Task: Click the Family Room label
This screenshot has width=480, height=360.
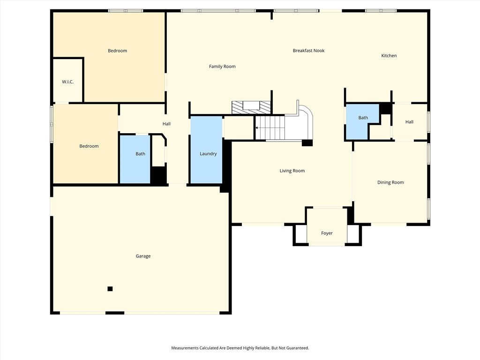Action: pyautogui.click(x=222, y=67)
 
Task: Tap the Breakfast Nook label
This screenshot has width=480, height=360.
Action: pyautogui.click(x=308, y=51)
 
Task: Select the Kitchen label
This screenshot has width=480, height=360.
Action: pyautogui.click(x=389, y=56)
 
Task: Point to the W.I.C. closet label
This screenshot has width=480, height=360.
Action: pyautogui.click(x=67, y=82)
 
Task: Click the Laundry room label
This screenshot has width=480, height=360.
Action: pyautogui.click(x=208, y=154)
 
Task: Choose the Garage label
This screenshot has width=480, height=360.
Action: pyautogui.click(x=143, y=256)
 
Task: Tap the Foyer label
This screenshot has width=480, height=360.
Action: pyautogui.click(x=327, y=233)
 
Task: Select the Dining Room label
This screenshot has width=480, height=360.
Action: pyautogui.click(x=390, y=182)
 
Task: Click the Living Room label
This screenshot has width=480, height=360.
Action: pyautogui.click(x=292, y=171)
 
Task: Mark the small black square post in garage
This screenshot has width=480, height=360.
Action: pyautogui.click(x=110, y=289)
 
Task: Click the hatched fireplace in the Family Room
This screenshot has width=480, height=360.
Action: pyautogui.click(x=251, y=107)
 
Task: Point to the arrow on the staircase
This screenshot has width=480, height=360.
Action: pyautogui.click(x=257, y=127)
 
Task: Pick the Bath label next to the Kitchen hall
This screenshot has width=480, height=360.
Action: pyautogui.click(x=363, y=118)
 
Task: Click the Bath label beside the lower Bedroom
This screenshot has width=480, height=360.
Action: pyautogui.click(x=140, y=154)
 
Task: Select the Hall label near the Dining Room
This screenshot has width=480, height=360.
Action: pyautogui.click(x=409, y=122)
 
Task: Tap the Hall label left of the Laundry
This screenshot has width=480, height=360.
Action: pyautogui.click(x=166, y=124)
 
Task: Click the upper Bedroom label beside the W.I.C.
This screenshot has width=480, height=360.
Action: pyautogui.click(x=117, y=51)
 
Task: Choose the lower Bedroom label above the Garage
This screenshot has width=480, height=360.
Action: pyautogui.click(x=89, y=146)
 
